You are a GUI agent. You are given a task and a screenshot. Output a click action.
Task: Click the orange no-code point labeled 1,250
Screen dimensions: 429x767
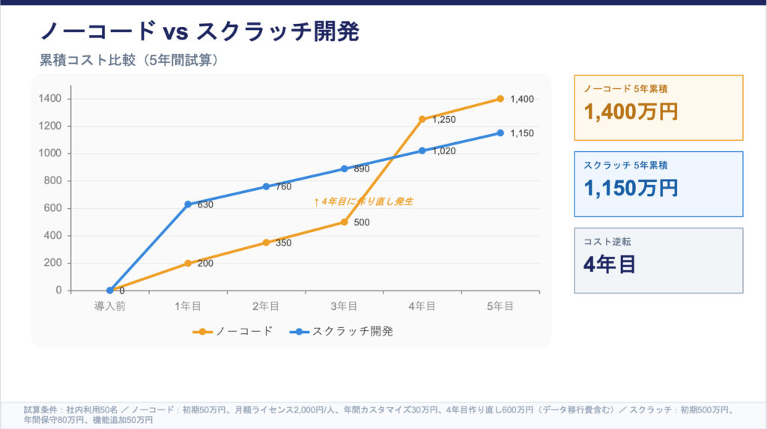click(x=422, y=119)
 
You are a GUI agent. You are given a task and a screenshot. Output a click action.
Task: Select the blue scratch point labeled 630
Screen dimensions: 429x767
click(x=188, y=204)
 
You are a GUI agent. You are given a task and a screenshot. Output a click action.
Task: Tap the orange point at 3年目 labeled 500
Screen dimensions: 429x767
click(x=344, y=222)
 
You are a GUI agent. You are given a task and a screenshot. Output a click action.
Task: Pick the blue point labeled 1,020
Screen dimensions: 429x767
click(x=422, y=150)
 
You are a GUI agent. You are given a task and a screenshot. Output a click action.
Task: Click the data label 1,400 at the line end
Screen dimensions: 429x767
click(x=522, y=99)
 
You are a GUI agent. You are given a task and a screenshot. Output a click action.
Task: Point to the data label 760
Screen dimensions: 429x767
click(x=283, y=186)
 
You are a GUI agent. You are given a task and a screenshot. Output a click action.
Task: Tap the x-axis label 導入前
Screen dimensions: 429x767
click(x=109, y=305)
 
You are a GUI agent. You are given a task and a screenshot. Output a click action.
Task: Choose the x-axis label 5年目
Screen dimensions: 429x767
click(x=500, y=305)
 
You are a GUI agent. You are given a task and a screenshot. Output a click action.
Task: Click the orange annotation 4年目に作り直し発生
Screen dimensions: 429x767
click(x=363, y=201)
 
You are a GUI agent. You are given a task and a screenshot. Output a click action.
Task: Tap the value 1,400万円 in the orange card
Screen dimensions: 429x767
click(x=631, y=112)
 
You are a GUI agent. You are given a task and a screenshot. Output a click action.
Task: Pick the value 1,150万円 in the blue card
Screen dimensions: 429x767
click(x=631, y=188)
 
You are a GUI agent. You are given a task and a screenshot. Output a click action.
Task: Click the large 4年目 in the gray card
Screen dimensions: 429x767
click(x=609, y=264)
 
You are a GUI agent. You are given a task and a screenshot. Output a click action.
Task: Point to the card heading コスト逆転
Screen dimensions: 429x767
click(x=607, y=242)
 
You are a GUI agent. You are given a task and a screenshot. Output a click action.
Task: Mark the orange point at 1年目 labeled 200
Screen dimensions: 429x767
click(x=188, y=263)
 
